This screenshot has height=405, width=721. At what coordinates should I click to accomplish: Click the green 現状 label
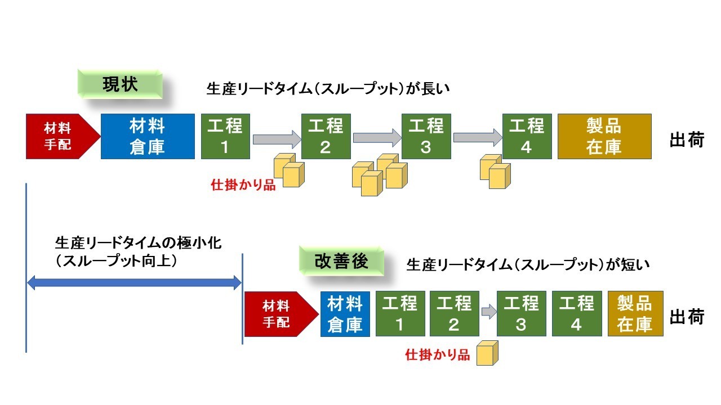pyautogui.click(x=119, y=84)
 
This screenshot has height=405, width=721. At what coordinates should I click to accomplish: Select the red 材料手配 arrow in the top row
pyautogui.click(x=60, y=137)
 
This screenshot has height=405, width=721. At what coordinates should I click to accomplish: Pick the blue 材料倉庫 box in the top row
pyautogui.click(x=148, y=137)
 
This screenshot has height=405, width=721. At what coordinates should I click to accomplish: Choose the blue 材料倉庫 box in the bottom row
pyautogui.click(x=345, y=314)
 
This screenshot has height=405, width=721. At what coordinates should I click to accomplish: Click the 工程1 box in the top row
pyautogui.click(x=225, y=137)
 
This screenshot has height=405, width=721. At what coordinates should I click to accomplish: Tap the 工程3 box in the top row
pyautogui.click(x=426, y=137)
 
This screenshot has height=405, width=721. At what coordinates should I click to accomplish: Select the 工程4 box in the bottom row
pyautogui.click(x=576, y=314)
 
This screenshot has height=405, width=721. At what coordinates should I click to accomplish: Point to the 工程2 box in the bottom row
pyautogui.click(x=454, y=314)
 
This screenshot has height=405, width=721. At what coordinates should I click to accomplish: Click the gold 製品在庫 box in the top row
pyautogui.click(x=604, y=137)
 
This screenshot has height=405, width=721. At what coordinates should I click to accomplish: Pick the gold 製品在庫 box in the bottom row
pyautogui.click(x=635, y=314)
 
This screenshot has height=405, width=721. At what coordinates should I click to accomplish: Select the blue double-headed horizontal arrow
pyautogui.click(x=134, y=283)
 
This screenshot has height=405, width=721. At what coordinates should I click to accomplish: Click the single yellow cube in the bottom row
pyautogui.click(x=488, y=353)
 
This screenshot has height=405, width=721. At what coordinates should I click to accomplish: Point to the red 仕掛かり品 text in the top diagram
pyautogui.click(x=243, y=185)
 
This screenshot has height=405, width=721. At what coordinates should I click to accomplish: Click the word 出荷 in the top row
pyautogui.click(x=687, y=140)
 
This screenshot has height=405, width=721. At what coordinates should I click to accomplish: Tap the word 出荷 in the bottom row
pyautogui.click(x=687, y=317)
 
